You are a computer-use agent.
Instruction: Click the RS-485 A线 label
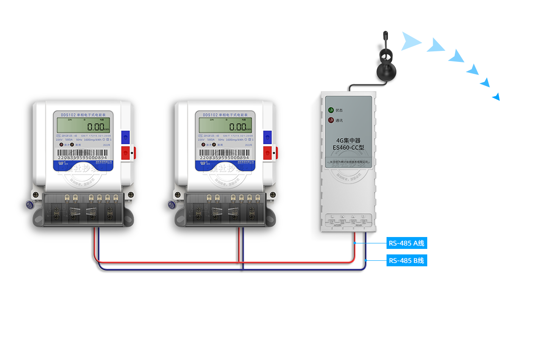click(x=406, y=243)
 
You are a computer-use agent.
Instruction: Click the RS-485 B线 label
click(x=406, y=260)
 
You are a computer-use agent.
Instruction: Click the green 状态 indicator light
click(x=330, y=110)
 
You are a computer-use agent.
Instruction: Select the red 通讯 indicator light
click(x=330, y=120)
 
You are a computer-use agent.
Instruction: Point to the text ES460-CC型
click(x=348, y=148)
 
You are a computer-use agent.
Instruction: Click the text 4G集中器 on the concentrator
click(x=348, y=140)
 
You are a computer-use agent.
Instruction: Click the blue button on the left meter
click(x=125, y=137)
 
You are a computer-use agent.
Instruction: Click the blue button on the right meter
click(x=267, y=137)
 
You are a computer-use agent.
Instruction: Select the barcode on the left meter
click(x=82, y=152)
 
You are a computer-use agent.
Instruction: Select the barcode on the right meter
click(x=224, y=152)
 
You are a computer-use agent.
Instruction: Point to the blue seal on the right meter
click(x=172, y=205)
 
